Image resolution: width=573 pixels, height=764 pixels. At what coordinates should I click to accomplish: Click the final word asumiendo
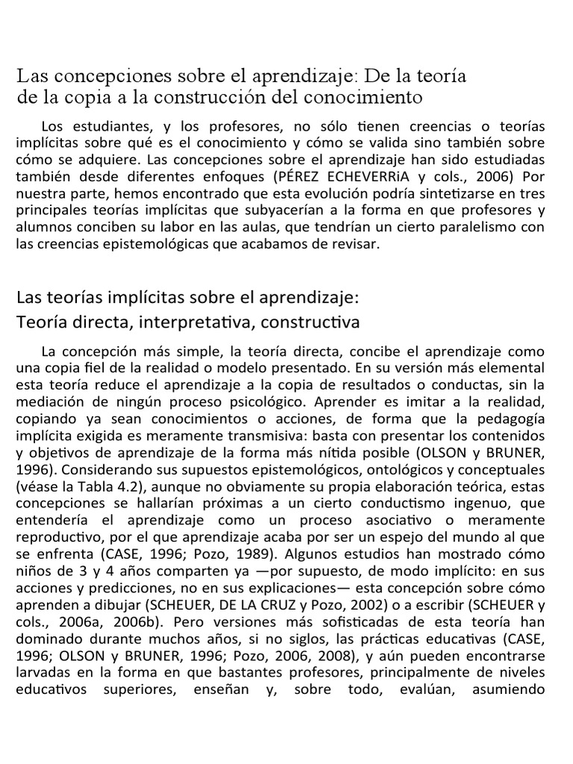click(509, 691)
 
